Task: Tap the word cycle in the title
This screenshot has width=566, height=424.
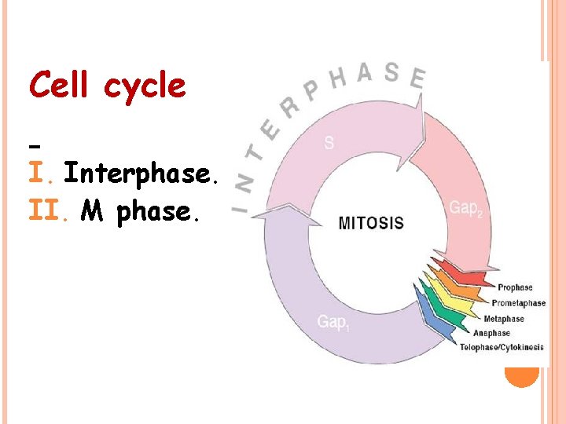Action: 145,86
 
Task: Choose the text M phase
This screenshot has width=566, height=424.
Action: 146,210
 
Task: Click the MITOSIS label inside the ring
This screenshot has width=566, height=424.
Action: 370,223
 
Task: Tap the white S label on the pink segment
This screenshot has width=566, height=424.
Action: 329,143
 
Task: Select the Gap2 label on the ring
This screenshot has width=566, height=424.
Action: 465,208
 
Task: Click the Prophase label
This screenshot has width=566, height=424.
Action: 515,288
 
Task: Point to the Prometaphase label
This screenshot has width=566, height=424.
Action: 518,303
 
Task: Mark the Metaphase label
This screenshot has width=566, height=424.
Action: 504,319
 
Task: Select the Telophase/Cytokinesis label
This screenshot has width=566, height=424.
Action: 502,347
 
